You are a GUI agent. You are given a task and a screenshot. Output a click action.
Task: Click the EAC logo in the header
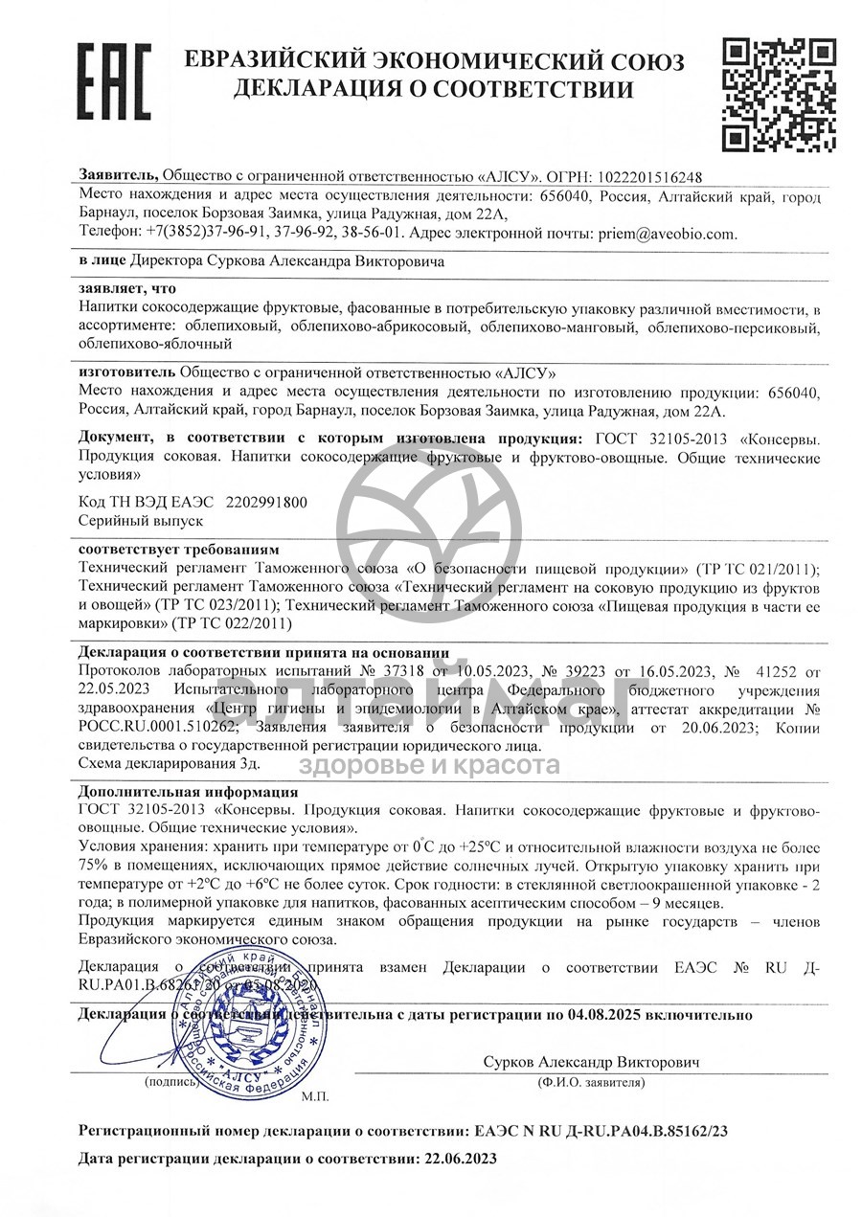(113, 80)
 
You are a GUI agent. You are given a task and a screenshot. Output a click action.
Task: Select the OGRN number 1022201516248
(649, 177)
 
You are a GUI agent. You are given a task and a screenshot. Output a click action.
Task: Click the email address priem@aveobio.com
(668, 233)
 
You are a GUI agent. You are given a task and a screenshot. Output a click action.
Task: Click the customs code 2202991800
(266, 502)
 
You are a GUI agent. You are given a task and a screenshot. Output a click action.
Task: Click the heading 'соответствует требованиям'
(178, 550)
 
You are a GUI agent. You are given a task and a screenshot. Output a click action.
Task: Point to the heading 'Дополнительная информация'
(188, 792)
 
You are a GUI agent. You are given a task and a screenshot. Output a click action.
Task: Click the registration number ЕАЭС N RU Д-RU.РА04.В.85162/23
(593, 1130)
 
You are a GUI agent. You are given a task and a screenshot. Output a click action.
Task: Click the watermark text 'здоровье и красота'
(430, 764)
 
